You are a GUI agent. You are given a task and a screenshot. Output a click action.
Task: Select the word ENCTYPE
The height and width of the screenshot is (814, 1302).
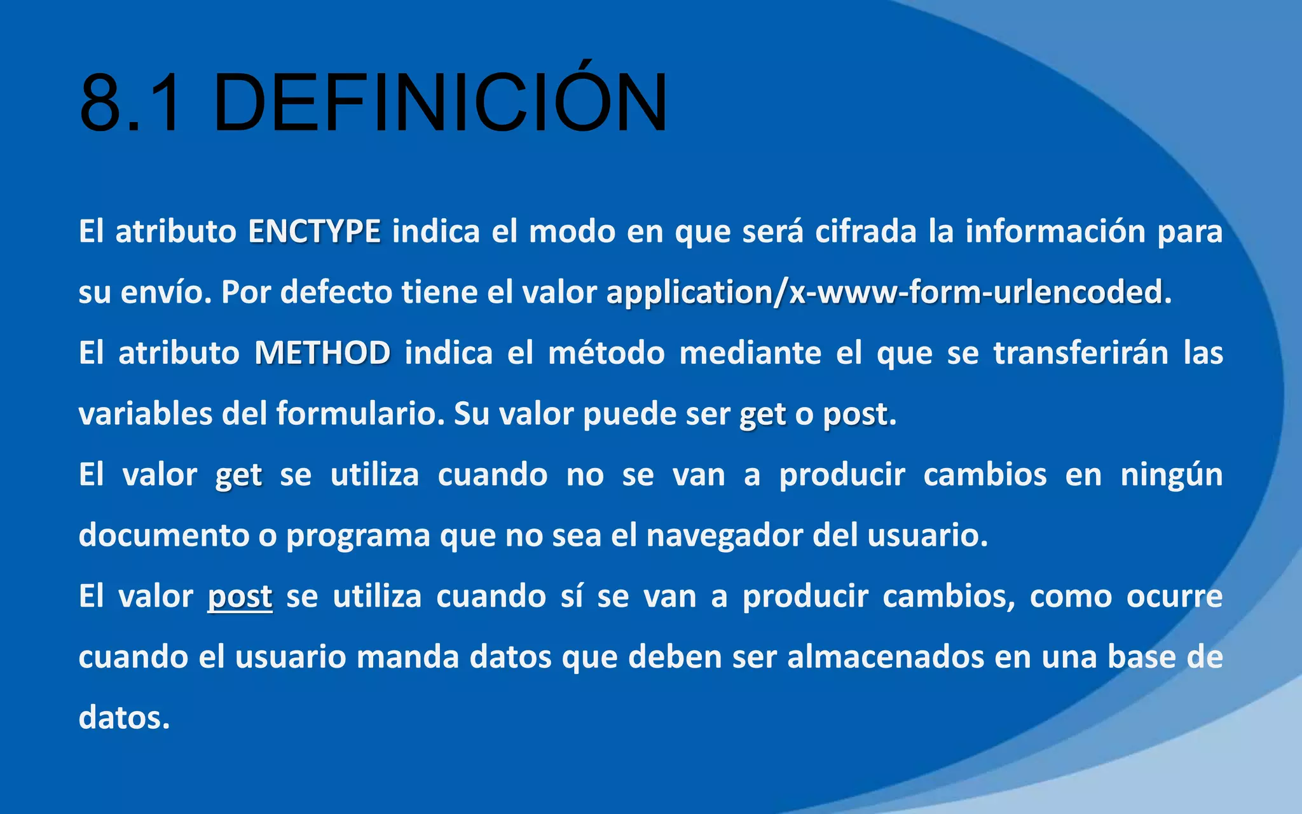314,231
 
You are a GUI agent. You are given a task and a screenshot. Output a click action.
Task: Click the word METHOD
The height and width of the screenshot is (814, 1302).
322,353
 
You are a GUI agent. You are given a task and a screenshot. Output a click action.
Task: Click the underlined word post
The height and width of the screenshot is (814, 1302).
240,597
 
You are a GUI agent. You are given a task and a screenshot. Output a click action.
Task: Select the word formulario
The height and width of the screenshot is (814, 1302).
360,414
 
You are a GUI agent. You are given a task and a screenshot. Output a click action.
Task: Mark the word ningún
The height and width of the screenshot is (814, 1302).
1171,475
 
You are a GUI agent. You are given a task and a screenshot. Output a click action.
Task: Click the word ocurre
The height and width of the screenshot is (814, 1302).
1174,597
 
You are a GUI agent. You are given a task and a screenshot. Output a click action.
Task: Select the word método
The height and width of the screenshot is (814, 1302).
606,353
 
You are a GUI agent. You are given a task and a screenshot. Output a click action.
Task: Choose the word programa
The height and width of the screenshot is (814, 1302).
358,535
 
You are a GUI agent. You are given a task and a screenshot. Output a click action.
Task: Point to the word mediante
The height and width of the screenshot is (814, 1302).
750,353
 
